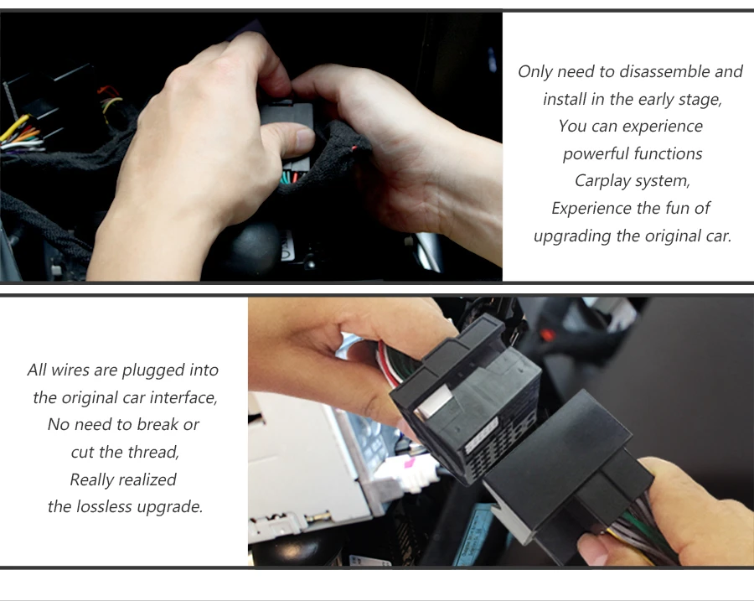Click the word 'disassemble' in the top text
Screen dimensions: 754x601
pyautogui.click(x=664, y=72)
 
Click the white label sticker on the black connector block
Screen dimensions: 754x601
pyautogui.click(x=482, y=434)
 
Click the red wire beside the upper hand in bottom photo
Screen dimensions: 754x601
pyautogui.click(x=387, y=365)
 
